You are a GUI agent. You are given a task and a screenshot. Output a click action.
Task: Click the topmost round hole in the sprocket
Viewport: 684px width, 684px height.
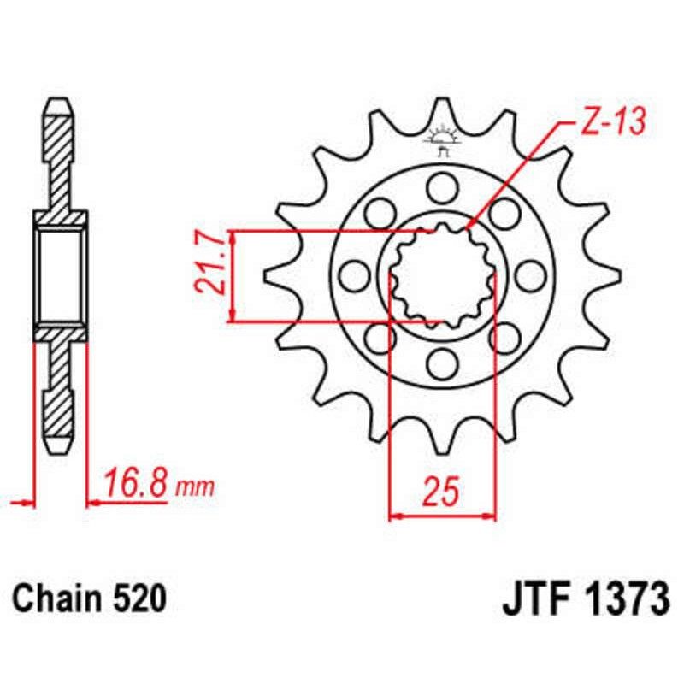point(442,185)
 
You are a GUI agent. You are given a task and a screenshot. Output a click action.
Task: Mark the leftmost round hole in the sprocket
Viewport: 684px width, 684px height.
point(352,274)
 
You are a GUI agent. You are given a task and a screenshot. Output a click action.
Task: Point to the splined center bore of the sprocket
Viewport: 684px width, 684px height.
point(442,274)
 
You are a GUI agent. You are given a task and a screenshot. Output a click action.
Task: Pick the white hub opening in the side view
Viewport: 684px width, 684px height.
point(59,274)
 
